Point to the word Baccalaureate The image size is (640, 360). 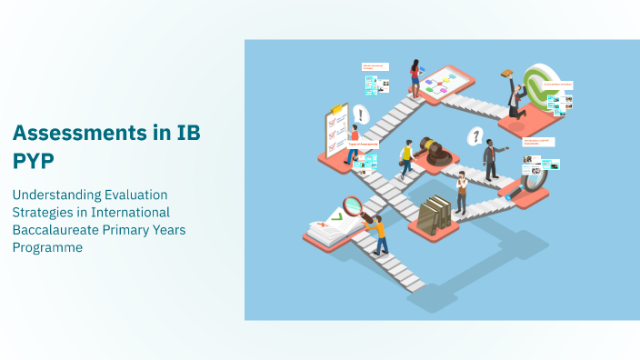tap(56, 230)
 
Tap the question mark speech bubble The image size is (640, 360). tap(474, 137)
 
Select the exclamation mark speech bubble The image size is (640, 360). tap(361, 115)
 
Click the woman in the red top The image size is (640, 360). tap(415, 76)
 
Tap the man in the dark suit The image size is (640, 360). tap(490, 159)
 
